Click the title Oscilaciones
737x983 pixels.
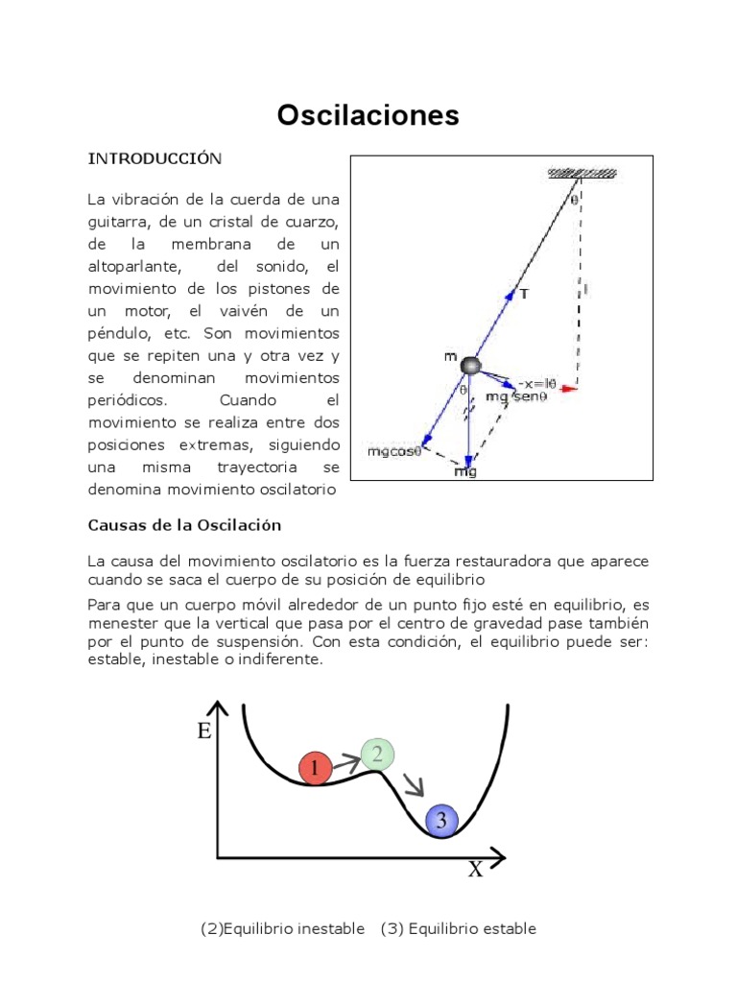coord(368,116)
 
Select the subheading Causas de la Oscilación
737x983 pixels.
coord(184,525)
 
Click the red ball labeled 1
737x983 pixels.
coord(315,767)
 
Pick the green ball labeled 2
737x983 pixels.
coord(378,755)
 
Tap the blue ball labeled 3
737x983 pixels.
coord(440,820)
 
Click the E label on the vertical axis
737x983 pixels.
coord(203,731)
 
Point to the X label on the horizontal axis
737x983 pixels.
coord(475,870)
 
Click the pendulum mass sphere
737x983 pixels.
coord(469,365)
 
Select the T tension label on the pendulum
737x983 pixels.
coord(523,294)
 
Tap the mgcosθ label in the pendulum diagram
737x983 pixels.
coord(394,450)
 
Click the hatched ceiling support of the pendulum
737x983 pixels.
coord(582,173)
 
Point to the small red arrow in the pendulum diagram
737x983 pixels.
coord(570,389)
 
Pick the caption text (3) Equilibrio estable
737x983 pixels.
coord(458,928)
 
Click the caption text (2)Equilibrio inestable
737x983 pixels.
coord(283,928)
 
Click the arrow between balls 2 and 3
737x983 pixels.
coord(413,785)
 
